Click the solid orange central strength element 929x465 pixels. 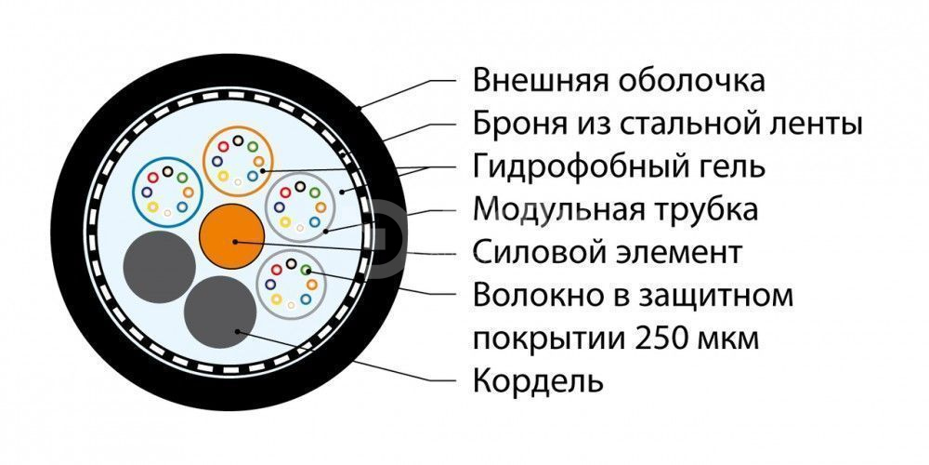tap(232, 236)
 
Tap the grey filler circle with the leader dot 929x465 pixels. tap(220, 312)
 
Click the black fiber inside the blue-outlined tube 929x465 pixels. tap(167, 171)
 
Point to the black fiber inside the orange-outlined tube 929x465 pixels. tap(238, 140)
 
